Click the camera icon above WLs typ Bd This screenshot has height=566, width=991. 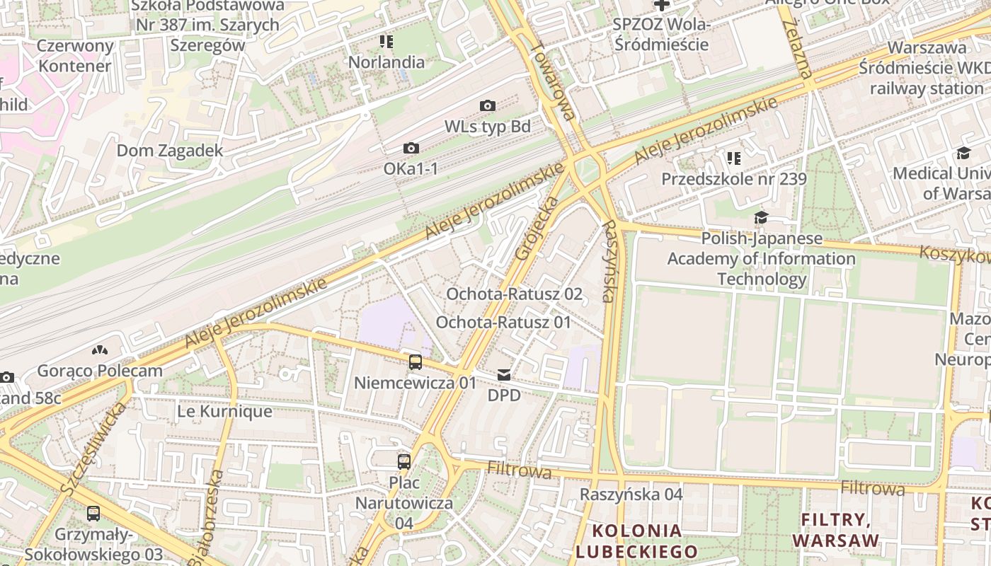coord(487,106)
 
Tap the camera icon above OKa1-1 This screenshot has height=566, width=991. coord(411,149)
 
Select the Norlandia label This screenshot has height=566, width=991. coord(386,62)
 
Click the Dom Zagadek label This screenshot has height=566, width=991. coord(170,151)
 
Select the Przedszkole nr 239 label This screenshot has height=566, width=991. coord(733,179)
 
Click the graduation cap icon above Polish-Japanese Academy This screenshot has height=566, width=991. coord(761,217)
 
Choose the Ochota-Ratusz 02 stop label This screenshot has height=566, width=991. coord(514,294)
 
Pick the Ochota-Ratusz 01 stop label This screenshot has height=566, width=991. coord(503,323)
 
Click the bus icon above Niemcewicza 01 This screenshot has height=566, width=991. coord(416,362)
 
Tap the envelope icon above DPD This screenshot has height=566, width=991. coord(503,374)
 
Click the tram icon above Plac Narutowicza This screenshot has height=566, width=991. coord(403,462)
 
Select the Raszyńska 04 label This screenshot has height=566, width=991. coord(631,495)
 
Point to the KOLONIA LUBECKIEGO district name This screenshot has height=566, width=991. coord(636,541)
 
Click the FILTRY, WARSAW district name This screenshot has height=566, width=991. coord(835,531)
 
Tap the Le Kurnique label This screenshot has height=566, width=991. coord(224,411)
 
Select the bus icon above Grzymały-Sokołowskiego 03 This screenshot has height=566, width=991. coord(93,514)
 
